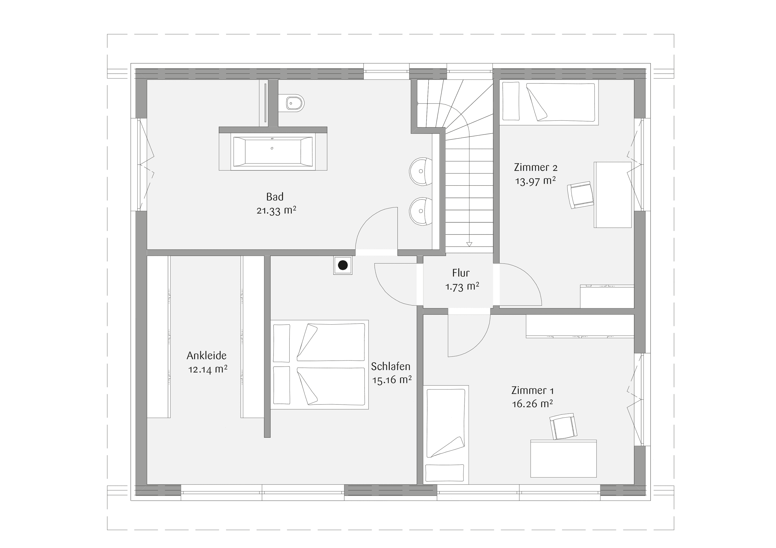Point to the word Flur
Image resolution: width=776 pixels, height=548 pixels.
click(461, 273)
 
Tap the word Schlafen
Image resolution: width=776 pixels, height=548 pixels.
click(390, 366)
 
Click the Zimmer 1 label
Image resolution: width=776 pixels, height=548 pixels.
click(532, 390)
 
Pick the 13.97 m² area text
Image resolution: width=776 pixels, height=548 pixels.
click(535, 181)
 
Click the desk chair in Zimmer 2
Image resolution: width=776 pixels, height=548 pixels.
click(580, 195)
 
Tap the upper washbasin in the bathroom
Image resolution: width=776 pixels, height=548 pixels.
click(420, 171)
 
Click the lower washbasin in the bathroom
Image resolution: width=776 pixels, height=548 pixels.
click(420, 211)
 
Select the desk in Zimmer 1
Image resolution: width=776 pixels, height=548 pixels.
click(563, 459)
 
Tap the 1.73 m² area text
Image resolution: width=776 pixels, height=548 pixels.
click(462, 287)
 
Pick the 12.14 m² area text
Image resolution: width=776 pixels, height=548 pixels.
click(208, 369)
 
